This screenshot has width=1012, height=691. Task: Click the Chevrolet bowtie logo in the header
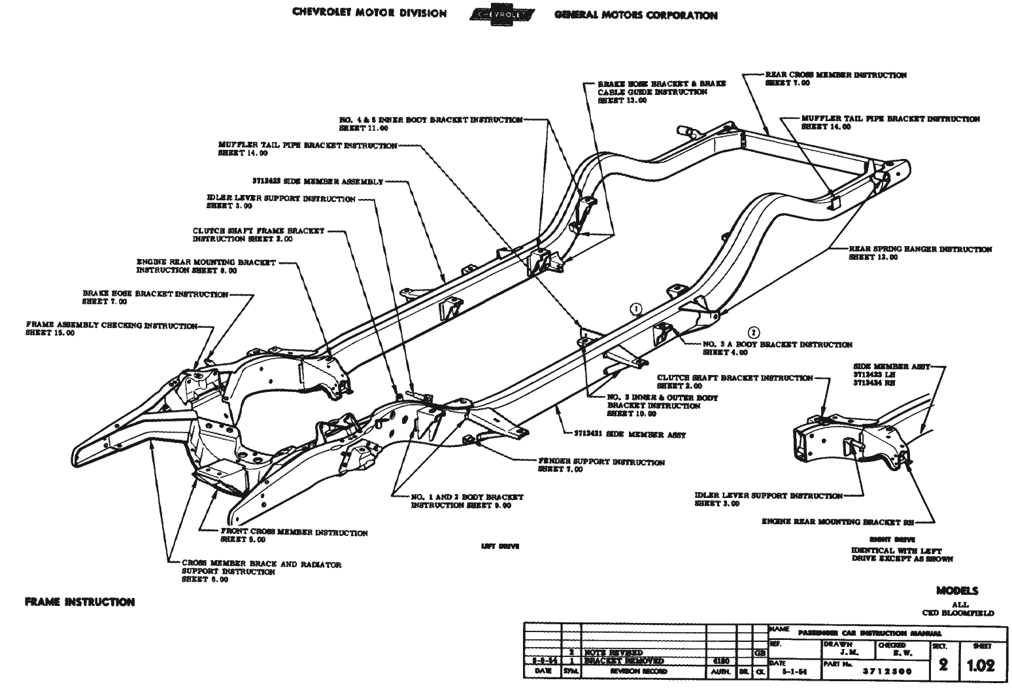pyautogui.click(x=501, y=14)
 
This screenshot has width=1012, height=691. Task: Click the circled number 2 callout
pyautogui.click(x=754, y=331)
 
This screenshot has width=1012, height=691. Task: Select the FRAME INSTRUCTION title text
pyautogui.click(x=79, y=602)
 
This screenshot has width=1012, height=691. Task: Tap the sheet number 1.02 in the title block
pyautogui.click(x=981, y=665)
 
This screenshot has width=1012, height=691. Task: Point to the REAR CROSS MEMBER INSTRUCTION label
pyautogui.click(x=835, y=75)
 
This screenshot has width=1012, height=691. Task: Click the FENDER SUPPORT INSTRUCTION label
pyautogui.click(x=601, y=463)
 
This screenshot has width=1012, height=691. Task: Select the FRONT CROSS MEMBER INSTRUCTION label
pyautogui.click(x=294, y=533)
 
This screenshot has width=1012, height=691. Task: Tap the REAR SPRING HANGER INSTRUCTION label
pyautogui.click(x=920, y=249)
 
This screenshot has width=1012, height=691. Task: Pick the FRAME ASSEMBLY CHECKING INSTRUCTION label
pyautogui.click(x=111, y=325)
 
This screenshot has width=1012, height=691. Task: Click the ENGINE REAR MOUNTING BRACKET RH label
pyautogui.click(x=838, y=522)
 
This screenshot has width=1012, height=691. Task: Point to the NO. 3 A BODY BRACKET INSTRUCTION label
pyautogui.click(x=777, y=345)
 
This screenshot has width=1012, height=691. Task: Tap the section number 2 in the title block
pyautogui.click(x=943, y=665)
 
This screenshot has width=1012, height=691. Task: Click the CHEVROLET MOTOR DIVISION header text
pyautogui.click(x=370, y=14)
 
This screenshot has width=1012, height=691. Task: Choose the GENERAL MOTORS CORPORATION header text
pyautogui.click(x=635, y=15)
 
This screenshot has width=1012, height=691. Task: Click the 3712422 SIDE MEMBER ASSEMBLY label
pyautogui.click(x=317, y=181)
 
